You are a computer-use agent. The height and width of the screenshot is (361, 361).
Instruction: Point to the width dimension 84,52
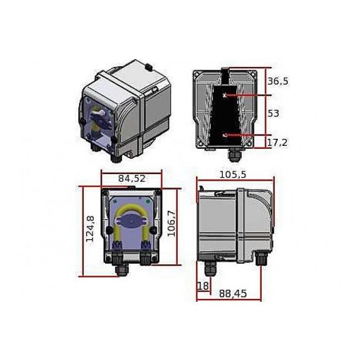tap(131, 178)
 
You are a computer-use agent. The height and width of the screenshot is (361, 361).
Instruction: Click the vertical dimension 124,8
tap(90, 228)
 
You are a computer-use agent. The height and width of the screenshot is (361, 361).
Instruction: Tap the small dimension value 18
tap(203, 286)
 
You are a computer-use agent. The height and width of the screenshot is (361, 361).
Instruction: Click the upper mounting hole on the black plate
tap(224, 94)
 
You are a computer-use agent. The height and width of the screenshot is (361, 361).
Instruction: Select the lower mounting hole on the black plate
tap(224, 134)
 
